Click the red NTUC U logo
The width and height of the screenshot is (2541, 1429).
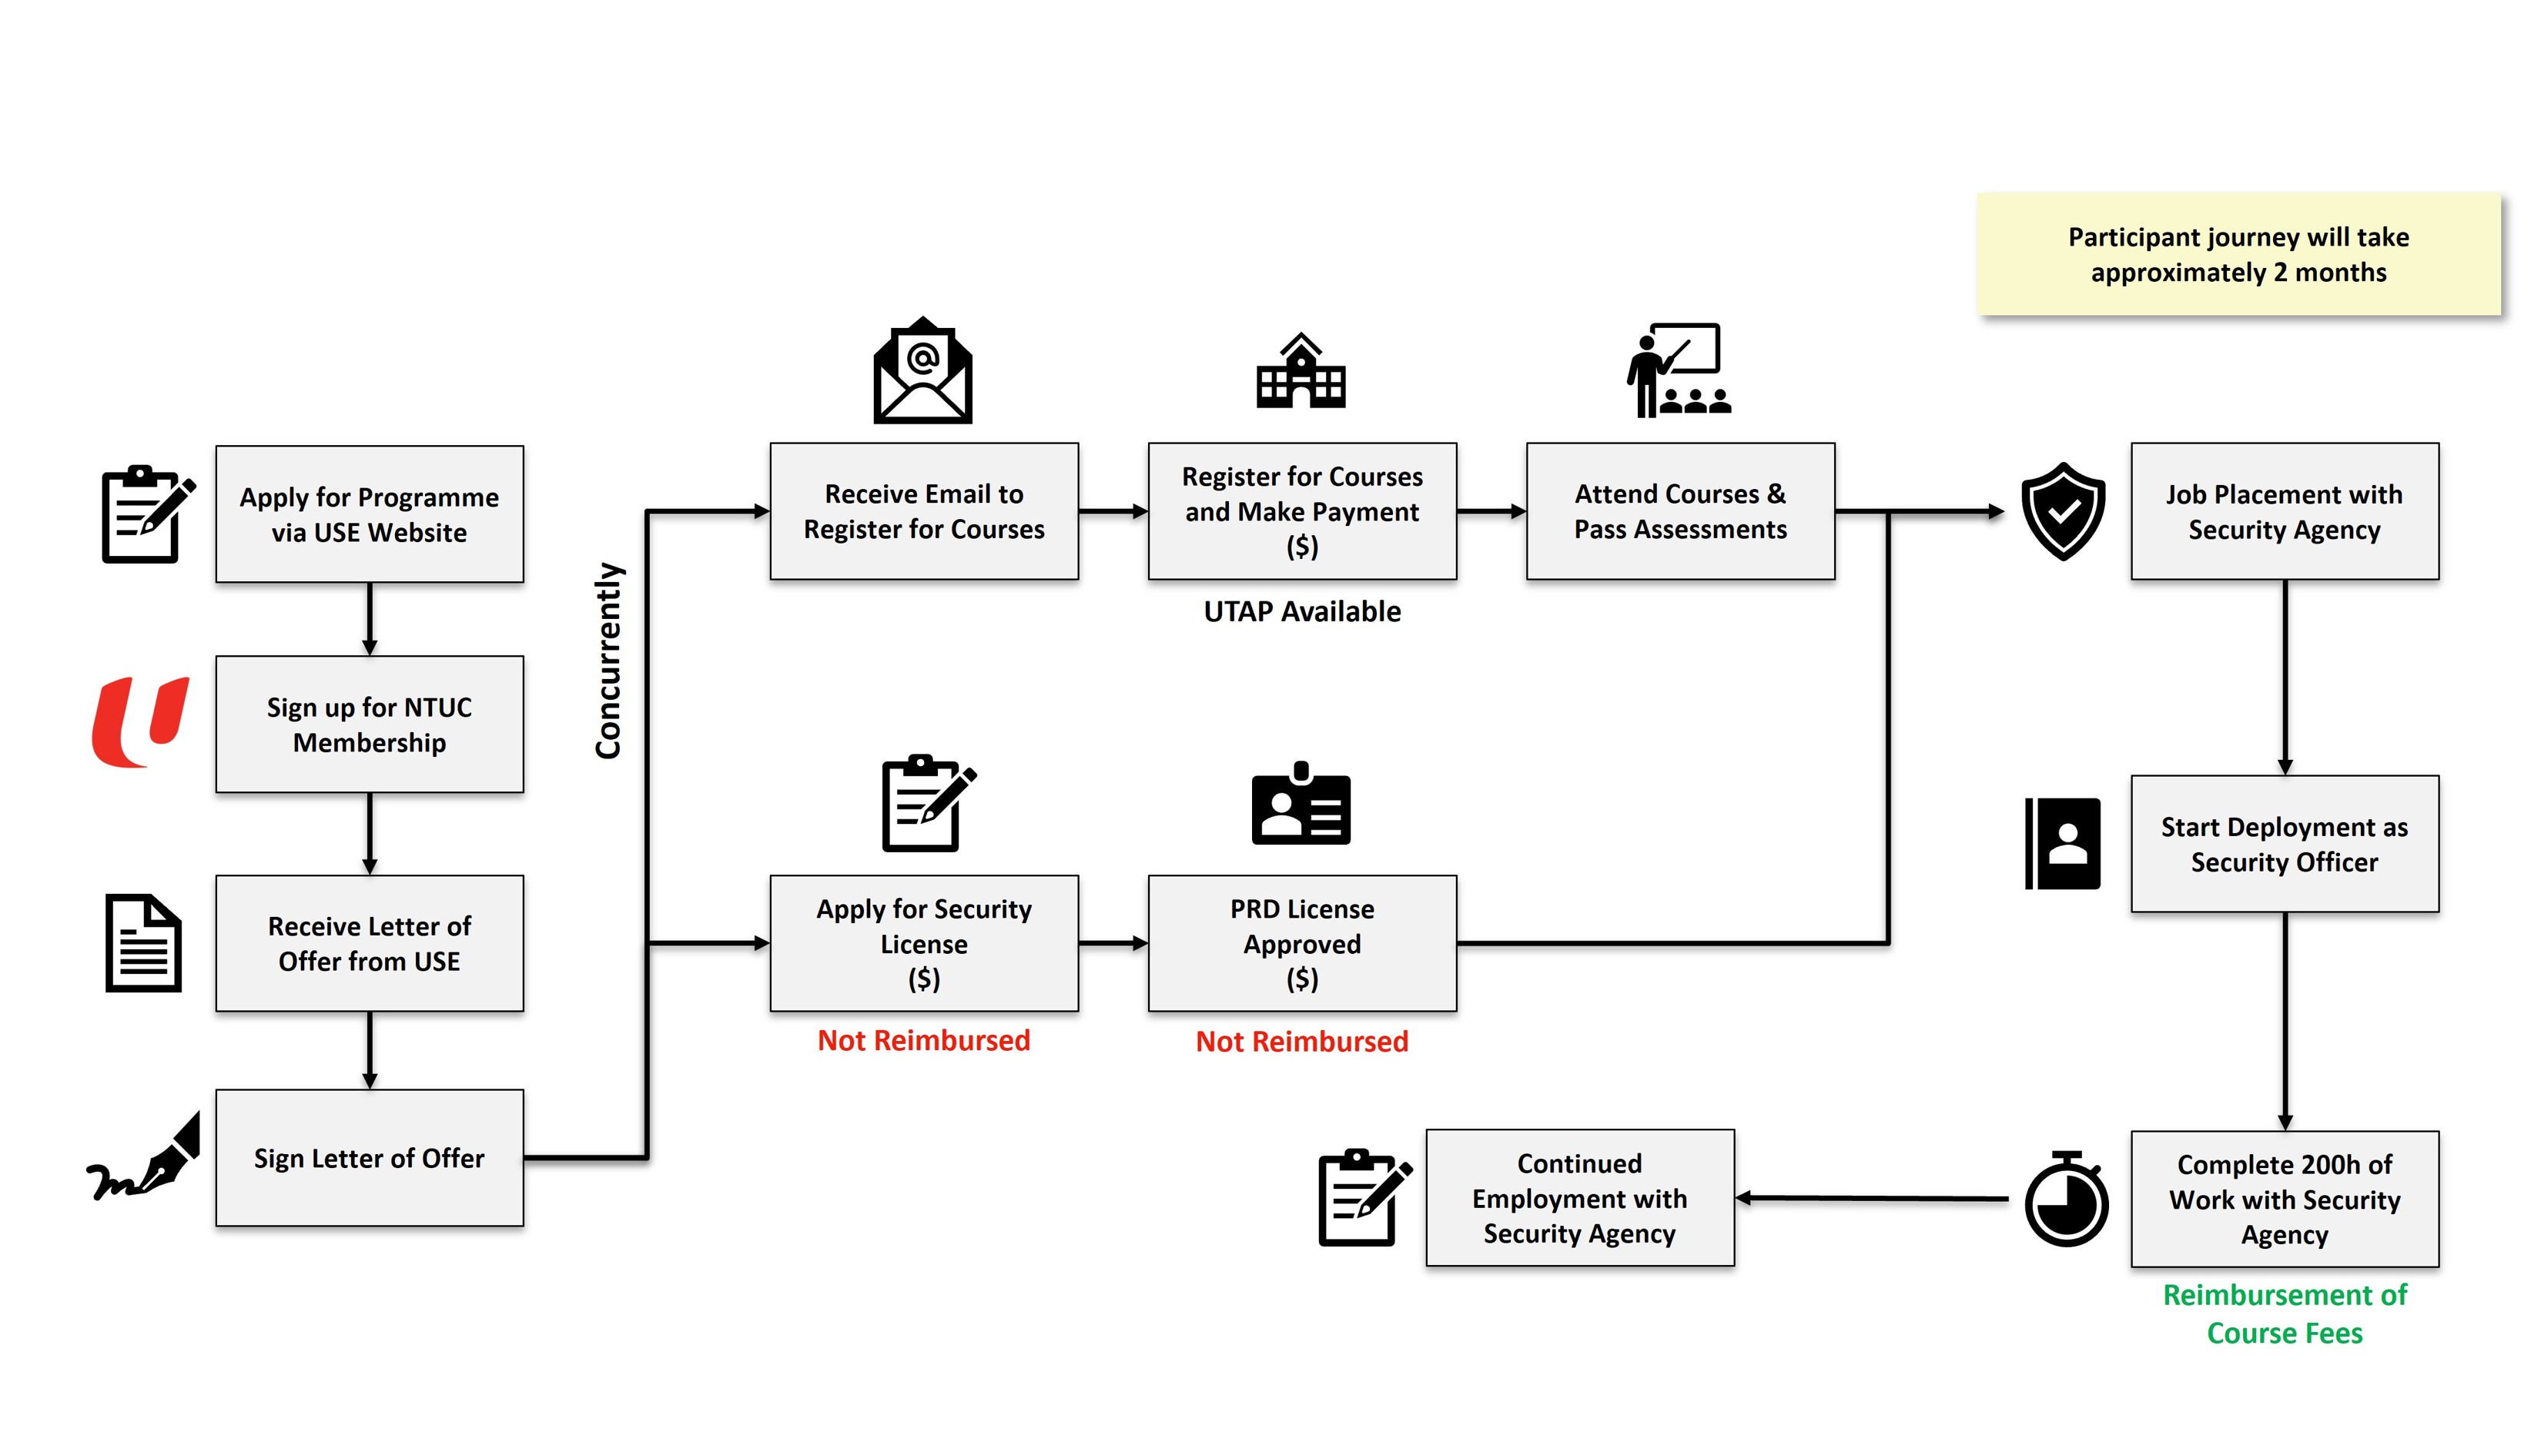tap(140, 722)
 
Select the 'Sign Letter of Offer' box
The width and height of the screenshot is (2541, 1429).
tap(369, 1158)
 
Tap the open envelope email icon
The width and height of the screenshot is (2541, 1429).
tap(922, 372)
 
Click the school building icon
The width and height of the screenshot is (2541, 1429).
tap(1300, 372)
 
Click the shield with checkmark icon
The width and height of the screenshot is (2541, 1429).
tap(2063, 510)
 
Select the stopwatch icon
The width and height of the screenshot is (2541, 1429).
tap(2066, 1200)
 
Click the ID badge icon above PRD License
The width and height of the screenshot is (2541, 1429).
tap(1300, 804)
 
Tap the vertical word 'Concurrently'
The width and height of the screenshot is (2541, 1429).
tap(608, 661)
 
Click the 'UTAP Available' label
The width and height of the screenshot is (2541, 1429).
tap(1301, 611)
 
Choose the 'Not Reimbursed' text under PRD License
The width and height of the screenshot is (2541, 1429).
tap(1301, 1042)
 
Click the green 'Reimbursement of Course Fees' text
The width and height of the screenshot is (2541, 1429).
tap(2284, 1314)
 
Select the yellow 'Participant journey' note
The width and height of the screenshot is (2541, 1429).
tap(2238, 254)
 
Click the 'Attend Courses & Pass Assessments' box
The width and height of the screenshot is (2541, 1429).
tap(1680, 510)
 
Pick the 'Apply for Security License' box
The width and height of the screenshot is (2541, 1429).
tap(923, 943)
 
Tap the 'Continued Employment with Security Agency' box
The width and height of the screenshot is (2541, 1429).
tap(1579, 1197)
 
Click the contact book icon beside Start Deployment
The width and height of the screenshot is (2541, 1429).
tap(2063, 844)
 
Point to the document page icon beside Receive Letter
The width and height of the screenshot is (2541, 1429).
tap(144, 943)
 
